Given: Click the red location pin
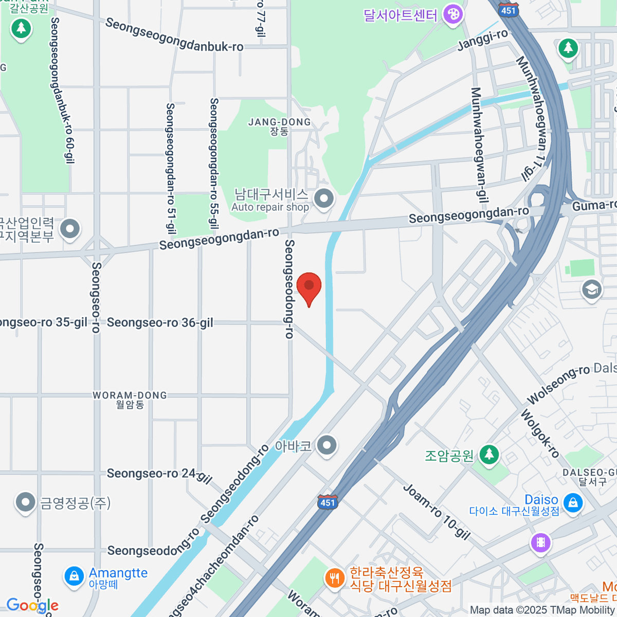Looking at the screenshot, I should point(309,287).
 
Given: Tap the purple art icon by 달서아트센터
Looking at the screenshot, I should point(453,14).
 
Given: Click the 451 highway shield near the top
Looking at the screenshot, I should point(508,10).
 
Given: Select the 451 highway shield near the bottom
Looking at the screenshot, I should point(328,502).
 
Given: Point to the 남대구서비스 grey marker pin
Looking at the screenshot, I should point(324,199).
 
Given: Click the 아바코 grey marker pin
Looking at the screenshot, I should point(326,445).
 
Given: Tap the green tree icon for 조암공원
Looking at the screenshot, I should point(488,455).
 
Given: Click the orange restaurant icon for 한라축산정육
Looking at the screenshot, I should point(335,578).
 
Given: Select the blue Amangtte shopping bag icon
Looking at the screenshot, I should point(74,576).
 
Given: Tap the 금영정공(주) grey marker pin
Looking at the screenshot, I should point(25,502).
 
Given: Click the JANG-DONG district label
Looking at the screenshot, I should point(279,122).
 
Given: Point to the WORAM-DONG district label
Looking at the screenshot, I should point(130,395).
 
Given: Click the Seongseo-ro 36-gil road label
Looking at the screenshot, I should point(160,323).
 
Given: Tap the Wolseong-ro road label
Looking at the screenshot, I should point(558,385).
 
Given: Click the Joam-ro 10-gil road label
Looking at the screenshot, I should point(437,512).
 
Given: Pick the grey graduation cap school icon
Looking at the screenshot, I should point(591,289).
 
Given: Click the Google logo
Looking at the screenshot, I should point(32,606).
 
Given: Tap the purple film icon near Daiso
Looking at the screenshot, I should point(540,542).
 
